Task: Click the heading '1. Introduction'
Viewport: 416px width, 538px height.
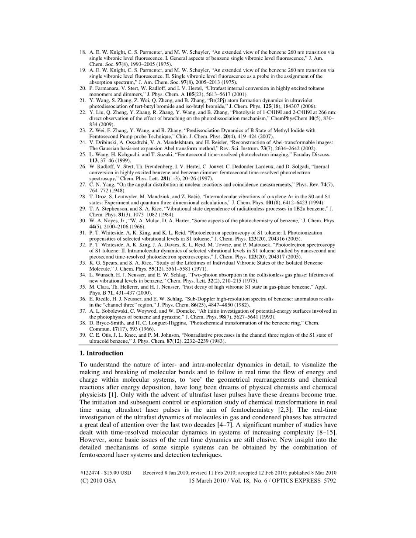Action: coord(101,353)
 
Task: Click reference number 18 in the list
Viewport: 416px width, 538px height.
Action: coord(83,52)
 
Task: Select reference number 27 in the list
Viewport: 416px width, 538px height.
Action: coord(83,185)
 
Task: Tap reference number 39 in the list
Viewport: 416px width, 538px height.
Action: coord(83,335)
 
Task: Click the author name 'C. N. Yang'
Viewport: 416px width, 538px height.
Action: coord(101,185)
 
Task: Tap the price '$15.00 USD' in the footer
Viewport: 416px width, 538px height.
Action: coord(118,472)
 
